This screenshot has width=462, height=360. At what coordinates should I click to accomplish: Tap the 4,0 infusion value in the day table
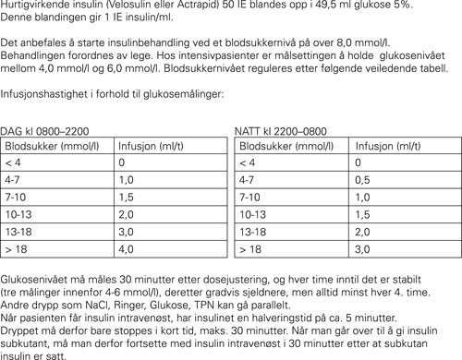pyautogui.click(x=128, y=248)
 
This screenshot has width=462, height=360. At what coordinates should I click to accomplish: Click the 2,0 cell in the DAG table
pyautogui.click(x=128, y=214)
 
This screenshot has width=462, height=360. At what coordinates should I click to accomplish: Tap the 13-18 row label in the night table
pyautogui.click(x=253, y=232)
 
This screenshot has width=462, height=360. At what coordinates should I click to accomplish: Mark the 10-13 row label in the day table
pyautogui.click(x=20, y=214)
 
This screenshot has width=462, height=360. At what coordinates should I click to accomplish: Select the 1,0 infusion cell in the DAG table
pyautogui.click(x=128, y=180)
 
